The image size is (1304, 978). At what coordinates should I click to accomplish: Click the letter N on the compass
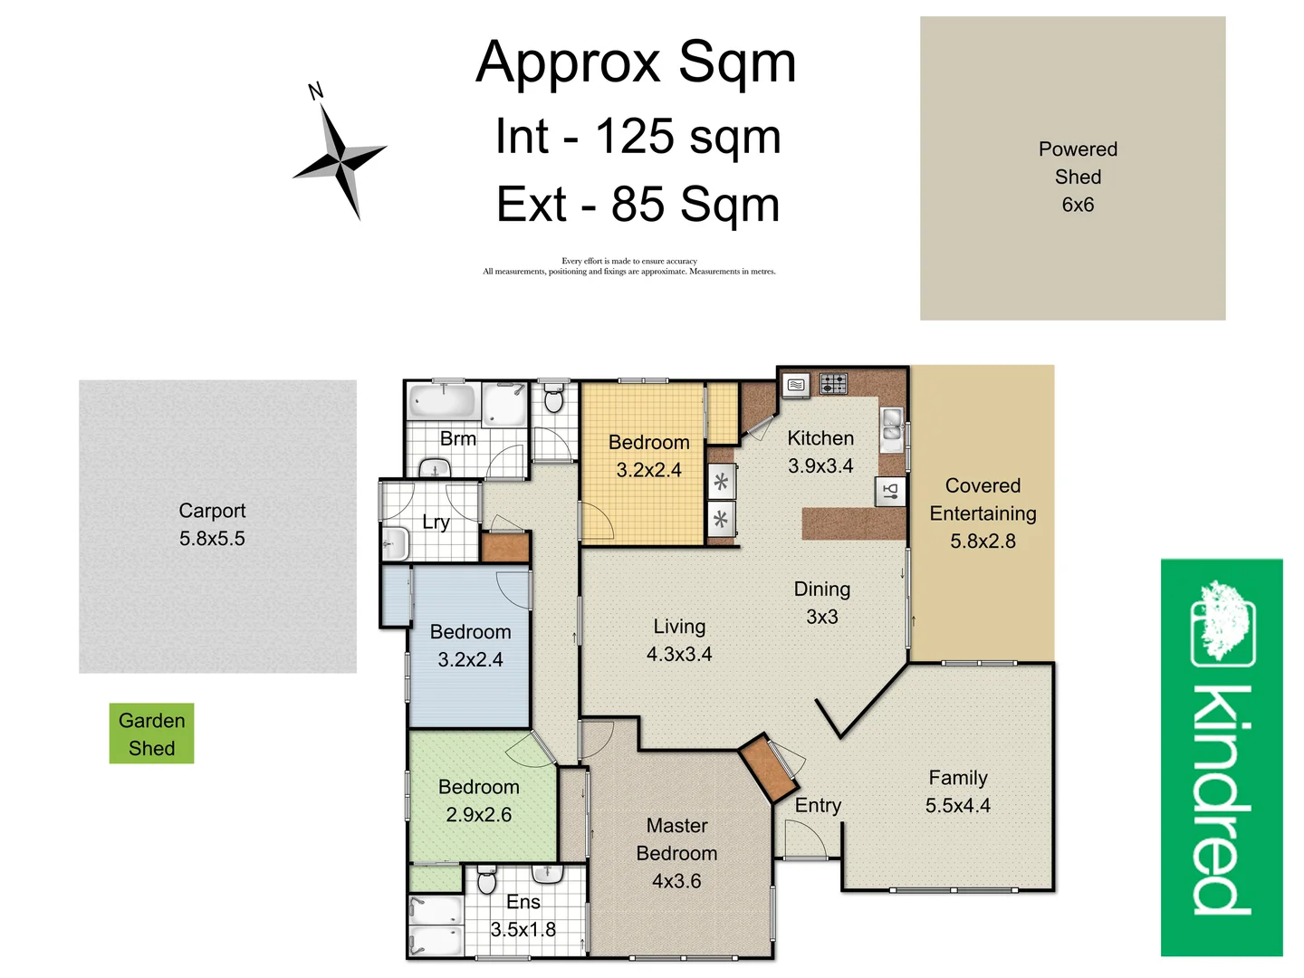[x=315, y=91]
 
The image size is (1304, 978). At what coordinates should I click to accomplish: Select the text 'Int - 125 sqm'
[x=638, y=137]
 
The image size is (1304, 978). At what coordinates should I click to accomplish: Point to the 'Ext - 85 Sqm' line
[x=638, y=205]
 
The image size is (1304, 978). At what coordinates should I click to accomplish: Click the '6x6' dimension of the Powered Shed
[x=1078, y=205]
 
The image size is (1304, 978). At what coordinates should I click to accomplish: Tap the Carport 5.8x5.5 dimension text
[x=212, y=539]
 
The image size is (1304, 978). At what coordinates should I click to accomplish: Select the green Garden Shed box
[x=151, y=733]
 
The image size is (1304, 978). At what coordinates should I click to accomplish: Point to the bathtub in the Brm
[x=442, y=401]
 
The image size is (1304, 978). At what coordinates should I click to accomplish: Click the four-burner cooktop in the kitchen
[x=833, y=384]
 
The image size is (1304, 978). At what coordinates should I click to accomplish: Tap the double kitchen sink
[x=892, y=427]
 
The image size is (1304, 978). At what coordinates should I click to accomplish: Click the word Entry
[x=818, y=805]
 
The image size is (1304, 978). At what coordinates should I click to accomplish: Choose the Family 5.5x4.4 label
[x=957, y=791]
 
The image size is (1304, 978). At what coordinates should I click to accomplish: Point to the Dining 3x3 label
[x=821, y=603]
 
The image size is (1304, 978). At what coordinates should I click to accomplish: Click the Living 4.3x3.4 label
[x=679, y=640]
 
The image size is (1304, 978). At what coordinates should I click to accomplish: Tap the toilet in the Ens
[x=486, y=880]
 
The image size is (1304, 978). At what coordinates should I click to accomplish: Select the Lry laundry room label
[x=436, y=523]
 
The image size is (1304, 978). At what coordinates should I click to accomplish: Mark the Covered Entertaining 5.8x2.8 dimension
[x=983, y=542]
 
